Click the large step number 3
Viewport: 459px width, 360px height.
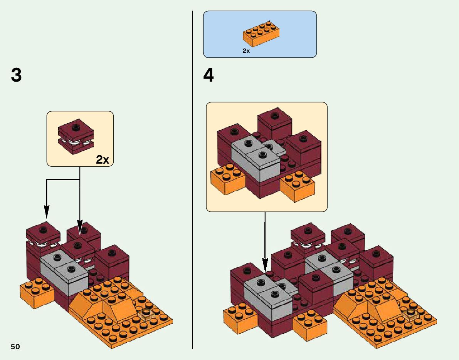coord(16,75)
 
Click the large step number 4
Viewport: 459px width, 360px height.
coord(208,75)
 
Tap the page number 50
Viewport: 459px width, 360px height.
coord(15,347)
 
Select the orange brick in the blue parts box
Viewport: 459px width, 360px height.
coord(261,35)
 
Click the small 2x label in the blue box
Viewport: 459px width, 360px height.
coord(246,51)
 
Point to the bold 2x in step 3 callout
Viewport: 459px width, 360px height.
coord(103,160)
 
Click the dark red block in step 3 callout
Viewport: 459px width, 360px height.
coord(76,139)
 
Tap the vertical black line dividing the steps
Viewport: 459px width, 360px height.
coord(192,193)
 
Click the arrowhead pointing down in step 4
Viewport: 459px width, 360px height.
coord(265,266)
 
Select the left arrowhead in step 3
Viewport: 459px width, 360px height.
coord(47,212)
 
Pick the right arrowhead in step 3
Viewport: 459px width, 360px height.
coord(80,226)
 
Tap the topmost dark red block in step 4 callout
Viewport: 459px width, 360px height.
coord(274,119)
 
